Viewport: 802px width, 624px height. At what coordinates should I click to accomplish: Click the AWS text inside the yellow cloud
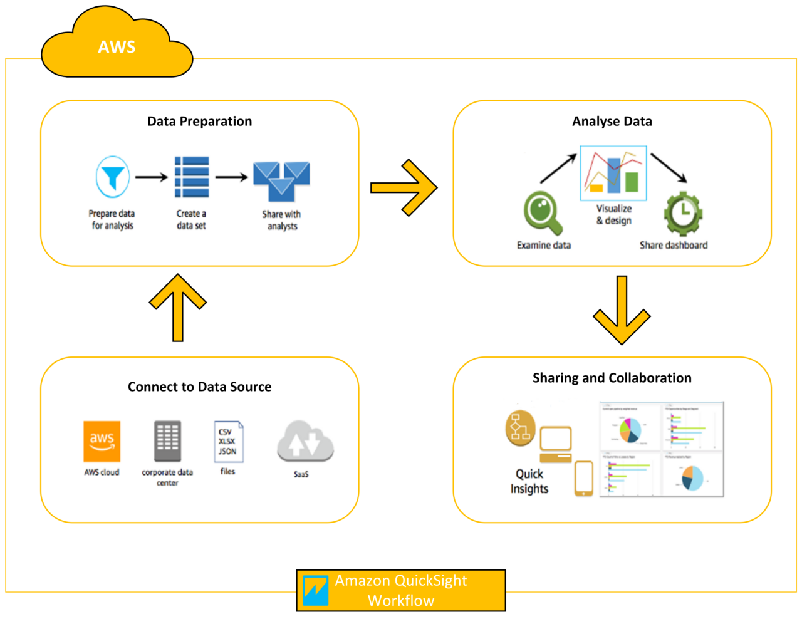pyautogui.click(x=117, y=47)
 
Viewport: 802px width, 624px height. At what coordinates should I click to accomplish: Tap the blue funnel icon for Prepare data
pyautogui.click(x=113, y=177)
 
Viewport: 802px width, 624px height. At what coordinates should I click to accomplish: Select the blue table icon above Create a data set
pyautogui.click(x=192, y=177)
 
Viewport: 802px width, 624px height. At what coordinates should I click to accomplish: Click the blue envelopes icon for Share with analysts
pyautogui.click(x=281, y=180)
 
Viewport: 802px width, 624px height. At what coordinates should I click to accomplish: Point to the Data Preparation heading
pyautogui.click(x=199, y=122)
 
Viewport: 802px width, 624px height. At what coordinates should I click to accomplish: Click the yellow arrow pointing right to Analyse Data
pyautogui.click(x=404, y=188)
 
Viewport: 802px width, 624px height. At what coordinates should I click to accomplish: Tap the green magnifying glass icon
pyautogui.click(x=543, y=213)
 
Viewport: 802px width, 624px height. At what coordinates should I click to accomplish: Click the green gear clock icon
pyautogui.click(x=683, y=214)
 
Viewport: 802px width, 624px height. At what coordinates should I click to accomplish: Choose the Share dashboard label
pyautogui.click(x=674, y=246)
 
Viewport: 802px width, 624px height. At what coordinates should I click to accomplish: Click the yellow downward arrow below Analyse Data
pyautogui.click(x=622, y=311)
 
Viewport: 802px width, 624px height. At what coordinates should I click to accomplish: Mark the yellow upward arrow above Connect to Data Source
pyautogui.click(x=178, y=307)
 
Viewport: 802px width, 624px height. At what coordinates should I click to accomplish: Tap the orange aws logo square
pyautogui.click(x=102, y=441)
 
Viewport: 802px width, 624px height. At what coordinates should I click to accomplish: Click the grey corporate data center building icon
pyautogui.click(x=167, y=441)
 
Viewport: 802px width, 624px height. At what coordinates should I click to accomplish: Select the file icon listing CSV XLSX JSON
pyautogui.click(x=228, y=442)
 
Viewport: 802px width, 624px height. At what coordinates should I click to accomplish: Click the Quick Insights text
pyautogui.click(x=529, y=481)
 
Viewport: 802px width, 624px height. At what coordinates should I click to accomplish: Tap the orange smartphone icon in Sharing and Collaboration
pyautogui.click(x=584, y=479)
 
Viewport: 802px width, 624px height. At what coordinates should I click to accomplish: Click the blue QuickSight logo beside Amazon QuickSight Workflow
pyautogui.click(x=315, y=590)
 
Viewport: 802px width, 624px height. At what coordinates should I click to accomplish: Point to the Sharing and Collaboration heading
pyautogui.click(x=612, y=378)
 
